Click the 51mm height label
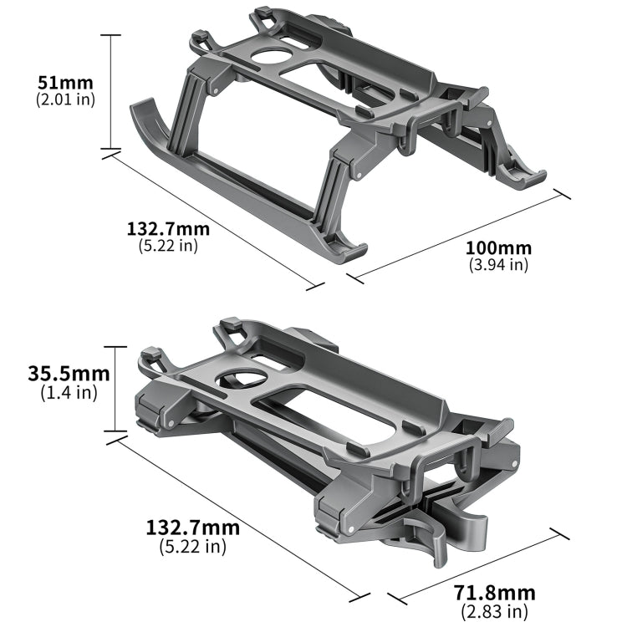click(65, 83)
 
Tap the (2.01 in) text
click(65, 99)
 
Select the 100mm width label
click(498, 248)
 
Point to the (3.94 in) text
click(498, 264)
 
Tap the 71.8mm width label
click(493, 593)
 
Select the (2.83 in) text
click(493, 610)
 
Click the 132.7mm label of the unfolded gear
click(168, 229)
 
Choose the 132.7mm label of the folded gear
click(192, 528)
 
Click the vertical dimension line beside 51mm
click(110, 92)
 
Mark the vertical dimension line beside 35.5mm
click(115, 389)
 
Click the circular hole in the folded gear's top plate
click(242, 381)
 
